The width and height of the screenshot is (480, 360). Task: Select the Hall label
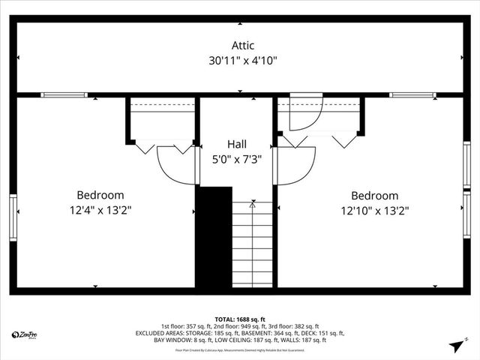point(236,144)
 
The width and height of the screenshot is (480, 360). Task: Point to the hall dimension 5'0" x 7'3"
point(236,158)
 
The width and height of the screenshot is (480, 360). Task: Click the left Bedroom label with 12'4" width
point(100,195)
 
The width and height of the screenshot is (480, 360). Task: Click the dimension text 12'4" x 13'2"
point(100,211)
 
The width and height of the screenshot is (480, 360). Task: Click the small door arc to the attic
point(306,112)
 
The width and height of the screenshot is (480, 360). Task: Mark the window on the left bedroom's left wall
point(13,217)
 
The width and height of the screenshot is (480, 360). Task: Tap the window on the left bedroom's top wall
point(64,95)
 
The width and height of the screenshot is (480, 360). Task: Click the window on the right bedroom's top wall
point(412,95)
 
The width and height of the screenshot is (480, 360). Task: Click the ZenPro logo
point(25,334)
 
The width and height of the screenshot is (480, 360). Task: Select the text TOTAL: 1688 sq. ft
point(239,319)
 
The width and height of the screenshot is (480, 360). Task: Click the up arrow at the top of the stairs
point(253,202)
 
